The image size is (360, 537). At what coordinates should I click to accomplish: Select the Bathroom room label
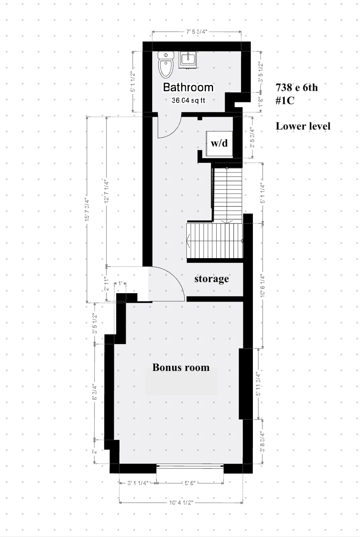pyautogui.click(x=188, y=87)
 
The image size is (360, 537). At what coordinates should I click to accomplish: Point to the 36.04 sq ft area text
pyautogui.click(x=188, y=100)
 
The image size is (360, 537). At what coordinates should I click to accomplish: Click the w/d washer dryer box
pyautogui.click(x=219, y=143)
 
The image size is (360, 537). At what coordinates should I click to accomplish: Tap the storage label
pyautogui.click(x=211, y=278)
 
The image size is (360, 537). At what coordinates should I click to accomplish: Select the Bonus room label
pyautogui.click(x=181, y=367)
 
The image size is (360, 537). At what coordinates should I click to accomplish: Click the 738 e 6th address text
pyautogui.click(x=297, y=87)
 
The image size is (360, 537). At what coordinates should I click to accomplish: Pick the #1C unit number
pyautogui.click(x=285, y=100)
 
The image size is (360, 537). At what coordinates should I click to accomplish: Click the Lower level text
pyautogui.click(x=303, y=126)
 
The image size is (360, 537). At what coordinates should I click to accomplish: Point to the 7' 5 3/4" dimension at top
pyautogui.click(x=196, y=31)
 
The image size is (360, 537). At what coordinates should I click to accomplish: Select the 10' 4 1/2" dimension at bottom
pyautogui.click(x=181, y=503)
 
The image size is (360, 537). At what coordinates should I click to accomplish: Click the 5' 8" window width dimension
pyautogui.click(x=190, y=483)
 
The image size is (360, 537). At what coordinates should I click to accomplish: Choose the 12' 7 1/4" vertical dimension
pyautogui.click(x=106, y=191)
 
